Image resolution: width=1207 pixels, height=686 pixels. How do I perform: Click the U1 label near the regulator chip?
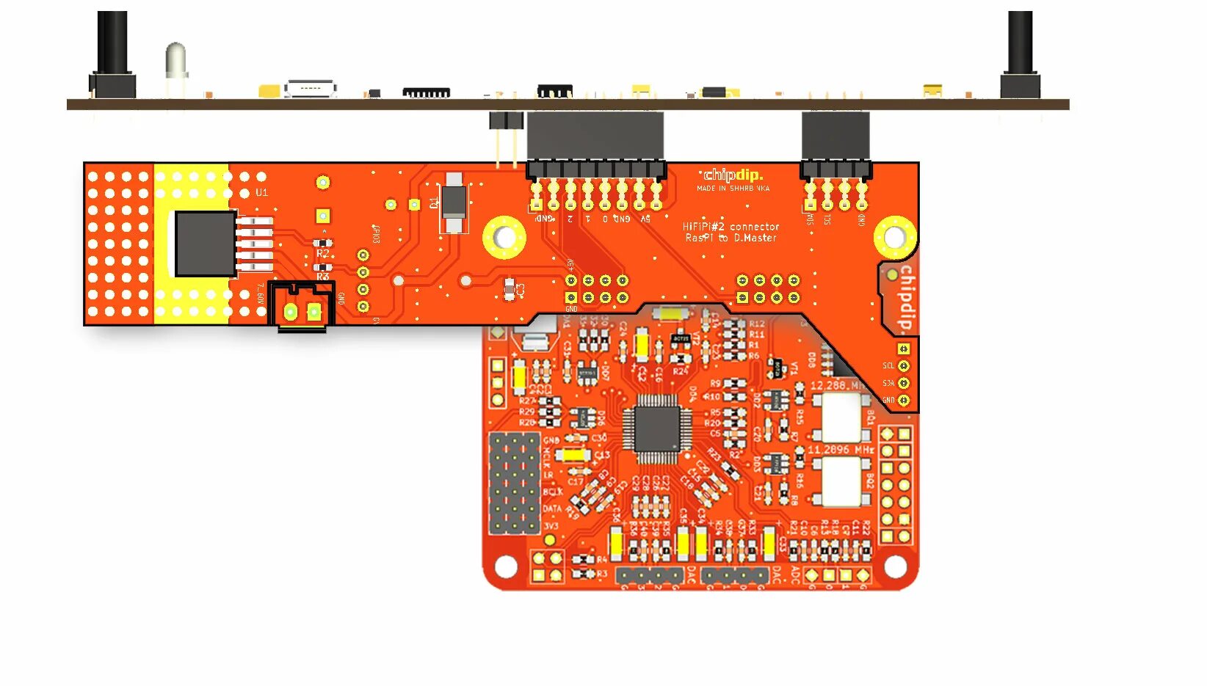point(261,192)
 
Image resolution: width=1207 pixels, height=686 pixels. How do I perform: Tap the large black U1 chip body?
point(205,244)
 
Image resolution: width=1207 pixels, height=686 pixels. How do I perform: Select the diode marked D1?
point(454,202)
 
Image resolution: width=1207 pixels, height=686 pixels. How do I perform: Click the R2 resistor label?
point(323,254)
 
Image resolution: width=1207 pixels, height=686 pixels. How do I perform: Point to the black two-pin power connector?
point(302,305)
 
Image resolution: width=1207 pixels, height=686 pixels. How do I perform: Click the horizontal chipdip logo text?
point(733,175)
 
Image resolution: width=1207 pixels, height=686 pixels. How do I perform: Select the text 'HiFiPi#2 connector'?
point(731,227)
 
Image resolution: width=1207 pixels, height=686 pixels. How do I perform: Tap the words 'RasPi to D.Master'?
point(731,238)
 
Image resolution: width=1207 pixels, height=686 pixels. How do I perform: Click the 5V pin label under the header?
point(645,219)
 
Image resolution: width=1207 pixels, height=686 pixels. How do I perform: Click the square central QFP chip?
point(656,428)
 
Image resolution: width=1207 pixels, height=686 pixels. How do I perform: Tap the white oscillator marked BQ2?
point(841,481)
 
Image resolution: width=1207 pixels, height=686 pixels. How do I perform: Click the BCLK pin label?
point(552,492)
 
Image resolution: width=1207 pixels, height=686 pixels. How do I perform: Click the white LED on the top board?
point(176,61)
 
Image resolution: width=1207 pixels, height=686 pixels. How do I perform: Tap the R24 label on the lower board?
point(680,372)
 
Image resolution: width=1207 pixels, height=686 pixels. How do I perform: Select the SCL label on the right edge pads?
point(888,365)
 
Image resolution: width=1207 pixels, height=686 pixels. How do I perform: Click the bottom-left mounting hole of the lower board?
point(506,566)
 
